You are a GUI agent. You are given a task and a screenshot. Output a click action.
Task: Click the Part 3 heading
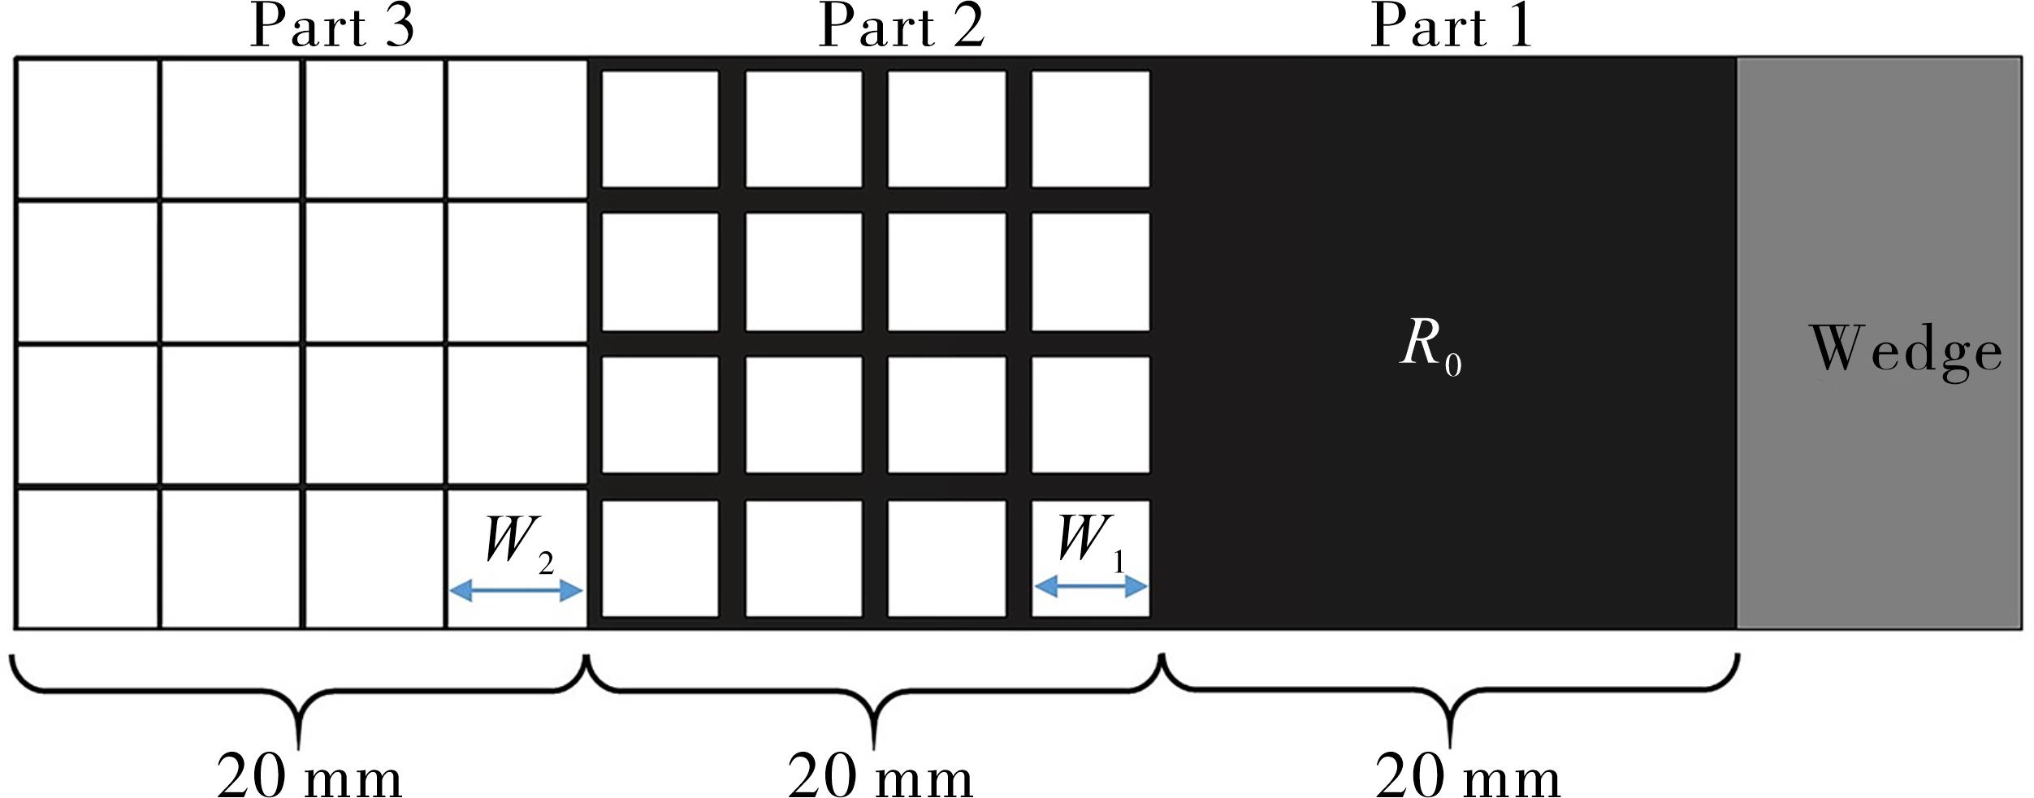point(332,27)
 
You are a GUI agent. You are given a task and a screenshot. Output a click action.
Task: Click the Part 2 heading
point(901,27)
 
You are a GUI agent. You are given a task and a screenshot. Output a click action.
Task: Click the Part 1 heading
point(1452,27)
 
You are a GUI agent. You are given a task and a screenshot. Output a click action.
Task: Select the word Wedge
point(1906,351)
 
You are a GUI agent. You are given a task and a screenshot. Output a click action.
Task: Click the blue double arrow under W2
point(517,590)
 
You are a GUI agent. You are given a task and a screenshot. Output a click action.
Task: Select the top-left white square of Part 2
point(660,129)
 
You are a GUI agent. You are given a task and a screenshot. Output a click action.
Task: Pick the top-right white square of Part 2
point(1090,129)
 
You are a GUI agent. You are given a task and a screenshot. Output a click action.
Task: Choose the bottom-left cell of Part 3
point(88,559)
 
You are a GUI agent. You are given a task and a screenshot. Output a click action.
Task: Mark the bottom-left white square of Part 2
point(660,559)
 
